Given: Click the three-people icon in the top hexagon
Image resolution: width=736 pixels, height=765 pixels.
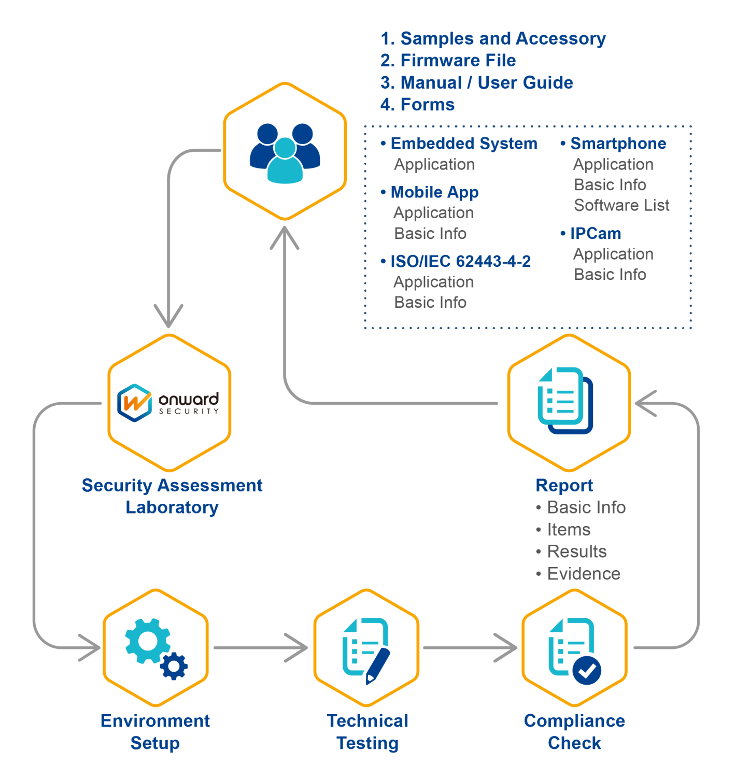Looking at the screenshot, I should [285, 152].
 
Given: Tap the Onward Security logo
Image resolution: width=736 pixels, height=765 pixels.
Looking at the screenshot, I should [169, 403].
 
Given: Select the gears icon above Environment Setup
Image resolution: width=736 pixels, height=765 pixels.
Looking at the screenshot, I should [155, 648].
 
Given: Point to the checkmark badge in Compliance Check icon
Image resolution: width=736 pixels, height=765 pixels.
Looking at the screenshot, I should [587, 671].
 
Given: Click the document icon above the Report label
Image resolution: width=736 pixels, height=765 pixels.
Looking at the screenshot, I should [565, 401].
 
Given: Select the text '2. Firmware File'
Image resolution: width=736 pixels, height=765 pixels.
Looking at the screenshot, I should [448, 61].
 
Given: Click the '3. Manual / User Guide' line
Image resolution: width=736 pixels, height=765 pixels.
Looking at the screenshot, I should [476, 83].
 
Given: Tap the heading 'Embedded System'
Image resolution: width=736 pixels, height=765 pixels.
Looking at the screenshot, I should [463, 144].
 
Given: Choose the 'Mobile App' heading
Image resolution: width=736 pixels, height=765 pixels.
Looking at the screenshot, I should [434, 192].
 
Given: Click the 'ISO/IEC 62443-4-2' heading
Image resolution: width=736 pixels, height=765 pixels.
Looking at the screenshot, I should [460, 261].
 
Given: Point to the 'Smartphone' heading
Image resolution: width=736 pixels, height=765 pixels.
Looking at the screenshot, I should [618, 144].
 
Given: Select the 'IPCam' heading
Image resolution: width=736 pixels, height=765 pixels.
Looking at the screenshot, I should [595, 234].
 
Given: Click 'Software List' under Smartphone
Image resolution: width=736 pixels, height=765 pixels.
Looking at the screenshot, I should [621, 205].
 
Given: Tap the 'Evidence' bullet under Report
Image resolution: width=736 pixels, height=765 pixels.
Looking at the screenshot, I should [583, 574].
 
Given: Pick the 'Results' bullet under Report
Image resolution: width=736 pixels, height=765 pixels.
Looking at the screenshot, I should [576, 551].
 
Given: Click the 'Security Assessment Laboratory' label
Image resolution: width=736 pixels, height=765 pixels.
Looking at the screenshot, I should [172, 496].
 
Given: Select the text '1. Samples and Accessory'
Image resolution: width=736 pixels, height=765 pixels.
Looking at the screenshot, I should [493, 39].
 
